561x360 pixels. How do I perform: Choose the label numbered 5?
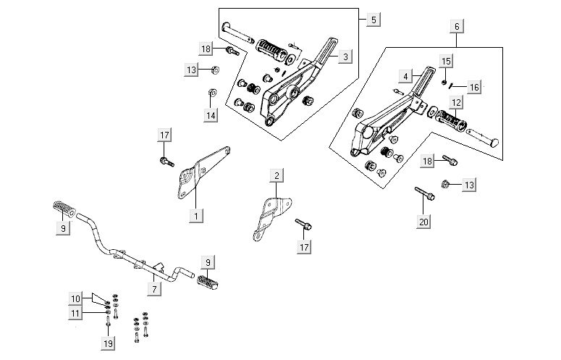(x=372, y=20)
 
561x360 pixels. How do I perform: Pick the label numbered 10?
(x=76, y=298)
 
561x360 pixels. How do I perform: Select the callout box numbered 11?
(x=76, y=312)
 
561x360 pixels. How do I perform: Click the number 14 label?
(x=211, y=115)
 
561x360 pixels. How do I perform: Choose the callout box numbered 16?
(x=474, y=88)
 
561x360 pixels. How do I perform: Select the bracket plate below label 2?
(x=270, y=213)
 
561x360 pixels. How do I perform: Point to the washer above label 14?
(x=211, y=92)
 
